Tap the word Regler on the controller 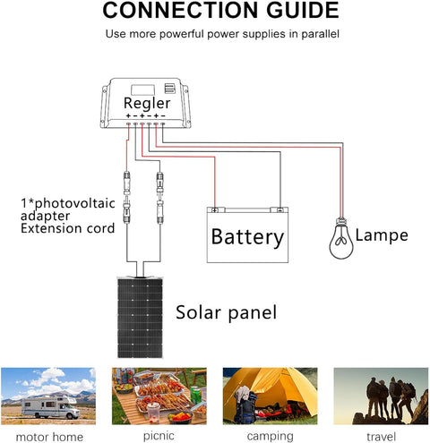tap(145, 103)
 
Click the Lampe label tap(381, 235)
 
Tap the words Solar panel tap(226, 313)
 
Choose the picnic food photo tap(158, 395)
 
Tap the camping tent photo tap(270, 395)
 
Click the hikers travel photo tap(381, 395)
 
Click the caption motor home tap(47, 435)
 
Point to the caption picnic tap(158, 435)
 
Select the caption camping tap(270, 435)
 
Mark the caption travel tap(381, 435)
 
